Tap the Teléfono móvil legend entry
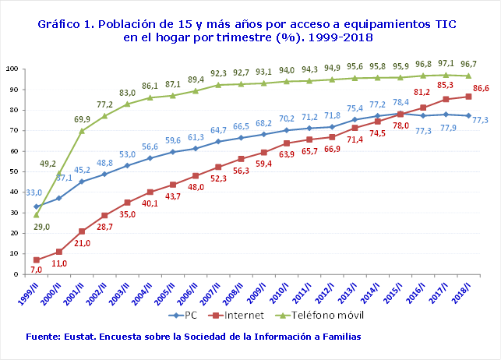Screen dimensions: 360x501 coord(330,316)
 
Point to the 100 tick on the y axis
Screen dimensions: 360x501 coord(12,69)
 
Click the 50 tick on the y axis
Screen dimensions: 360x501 coord(13,171)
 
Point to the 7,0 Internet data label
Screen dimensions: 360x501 coord(37,269)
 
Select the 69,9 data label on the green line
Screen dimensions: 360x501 coord(81,119)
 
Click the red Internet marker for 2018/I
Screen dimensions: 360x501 coord(467,96)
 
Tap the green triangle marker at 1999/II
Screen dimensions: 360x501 coord(36,214)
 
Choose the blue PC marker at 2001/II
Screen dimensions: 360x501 coord(81,181)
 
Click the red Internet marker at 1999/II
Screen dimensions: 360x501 coord(36,259)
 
